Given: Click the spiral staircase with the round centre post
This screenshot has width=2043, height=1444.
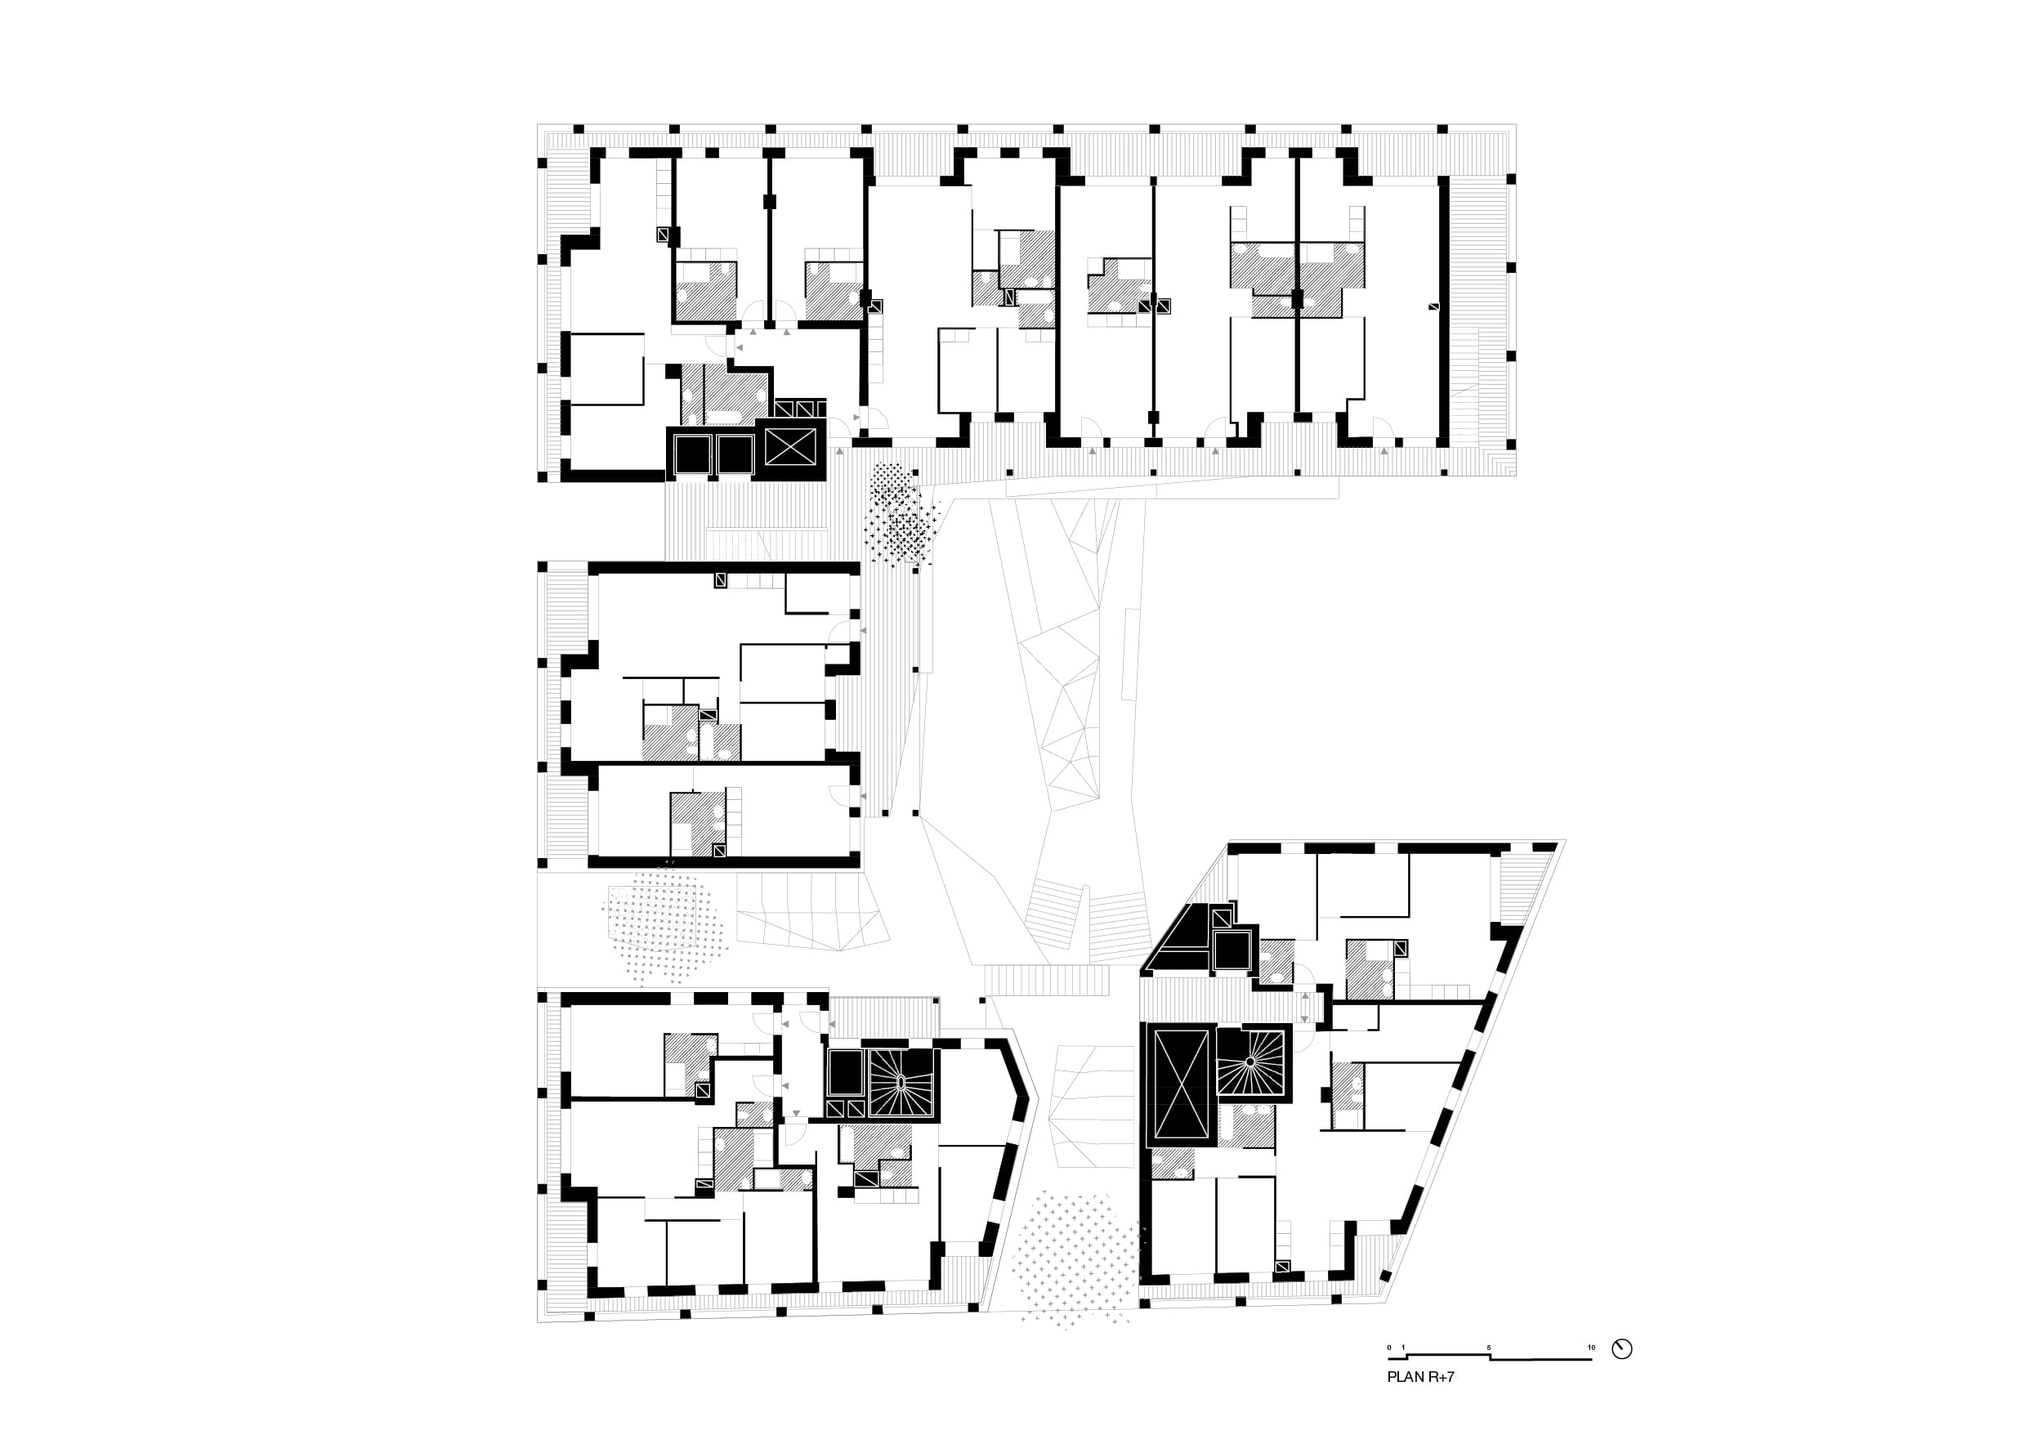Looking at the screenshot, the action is point(1252,1062).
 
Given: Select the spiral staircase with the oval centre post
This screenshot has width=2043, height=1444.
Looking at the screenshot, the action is point(901,1084).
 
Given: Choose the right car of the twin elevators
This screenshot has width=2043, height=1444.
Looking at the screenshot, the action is point(735,454).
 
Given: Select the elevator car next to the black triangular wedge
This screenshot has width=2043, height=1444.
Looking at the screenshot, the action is point(1232,950).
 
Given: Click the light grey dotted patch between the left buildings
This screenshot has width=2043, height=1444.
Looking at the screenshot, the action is point(668,923).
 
